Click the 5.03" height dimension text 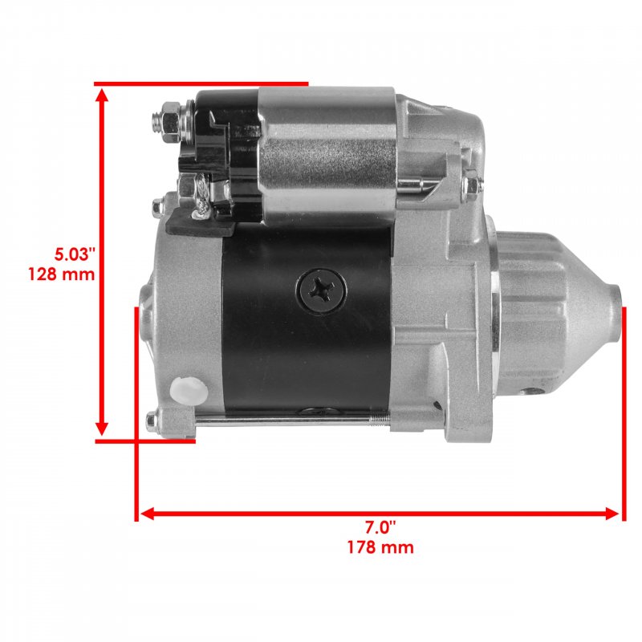click(75, 254)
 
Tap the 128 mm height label click(62, 274)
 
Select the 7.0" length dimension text click(380, 528)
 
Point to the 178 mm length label click(380, 547)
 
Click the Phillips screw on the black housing click(322, 291)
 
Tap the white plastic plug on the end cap click(189, 391)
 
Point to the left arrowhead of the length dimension click(148, 514)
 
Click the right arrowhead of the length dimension click(612, 514)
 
